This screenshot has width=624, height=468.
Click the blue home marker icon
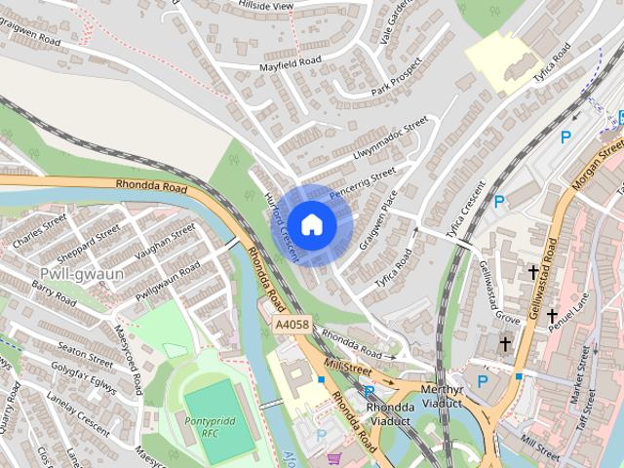[311, 224]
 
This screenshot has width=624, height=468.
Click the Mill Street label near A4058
[350, 369]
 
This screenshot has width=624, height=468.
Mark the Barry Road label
[54, 293]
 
